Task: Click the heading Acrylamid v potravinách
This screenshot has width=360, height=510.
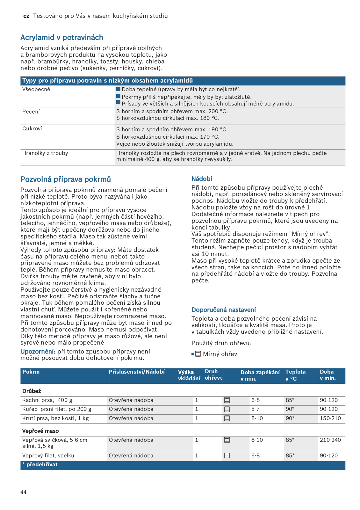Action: coord(62,38)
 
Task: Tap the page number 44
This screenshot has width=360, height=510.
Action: coord(24,492)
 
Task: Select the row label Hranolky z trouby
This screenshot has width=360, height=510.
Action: coord(45,153)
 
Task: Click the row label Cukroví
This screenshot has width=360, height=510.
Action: coord(32,129)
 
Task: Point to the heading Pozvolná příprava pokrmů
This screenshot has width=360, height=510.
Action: coord(66,179)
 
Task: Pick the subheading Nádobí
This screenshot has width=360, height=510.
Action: coord(202,179)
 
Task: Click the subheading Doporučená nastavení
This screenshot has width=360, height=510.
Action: coord(224,310)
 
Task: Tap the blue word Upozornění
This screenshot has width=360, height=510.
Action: coord(38,352)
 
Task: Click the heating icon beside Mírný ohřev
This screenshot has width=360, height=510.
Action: coord(198,354)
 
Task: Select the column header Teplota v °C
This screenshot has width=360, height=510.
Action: coord(295,375)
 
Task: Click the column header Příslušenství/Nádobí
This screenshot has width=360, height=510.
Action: coord(137,372)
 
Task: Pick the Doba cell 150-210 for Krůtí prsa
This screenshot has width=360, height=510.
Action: coord(330,419)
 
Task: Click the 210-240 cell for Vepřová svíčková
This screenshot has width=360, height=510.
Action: coord(330,440)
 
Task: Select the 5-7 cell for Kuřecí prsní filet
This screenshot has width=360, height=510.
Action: coord(256,409)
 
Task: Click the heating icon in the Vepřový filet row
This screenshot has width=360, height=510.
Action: coord(227,456)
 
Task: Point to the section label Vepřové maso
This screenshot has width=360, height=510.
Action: coord(40,431)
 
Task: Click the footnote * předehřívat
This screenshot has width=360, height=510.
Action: coord(40,465)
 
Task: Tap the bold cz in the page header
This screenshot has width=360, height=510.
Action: coord(26,16)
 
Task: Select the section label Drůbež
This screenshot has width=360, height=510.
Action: coord(32,391)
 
